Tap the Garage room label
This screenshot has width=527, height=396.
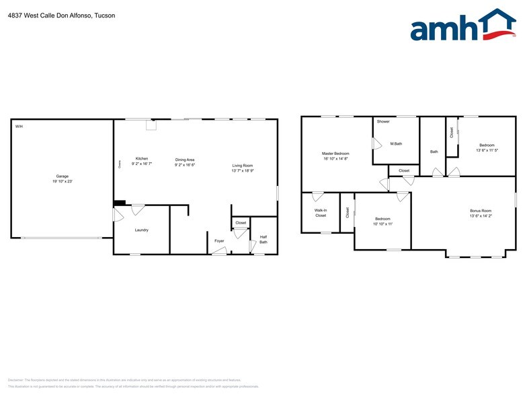[63, 176]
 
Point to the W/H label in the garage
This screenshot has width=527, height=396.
[18, 126]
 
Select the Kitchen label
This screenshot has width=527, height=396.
[142, 159]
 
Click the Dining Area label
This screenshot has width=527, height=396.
[185, 159]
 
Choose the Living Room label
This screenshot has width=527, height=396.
[243, 165]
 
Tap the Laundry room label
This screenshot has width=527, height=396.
[141, 230]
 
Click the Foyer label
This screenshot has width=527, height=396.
[219, 240]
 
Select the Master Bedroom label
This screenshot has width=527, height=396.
[335, 154]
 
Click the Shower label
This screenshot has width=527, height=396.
[383, 121]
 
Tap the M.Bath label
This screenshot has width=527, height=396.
[396, 143]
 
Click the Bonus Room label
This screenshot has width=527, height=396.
[481, 211]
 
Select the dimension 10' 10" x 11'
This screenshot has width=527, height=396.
[382, 224]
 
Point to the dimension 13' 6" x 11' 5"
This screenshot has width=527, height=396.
[487, 151]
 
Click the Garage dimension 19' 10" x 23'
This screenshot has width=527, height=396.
[63, 182]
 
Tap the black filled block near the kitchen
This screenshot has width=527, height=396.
[120, 203]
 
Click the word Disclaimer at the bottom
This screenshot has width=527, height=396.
[15, 380]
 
